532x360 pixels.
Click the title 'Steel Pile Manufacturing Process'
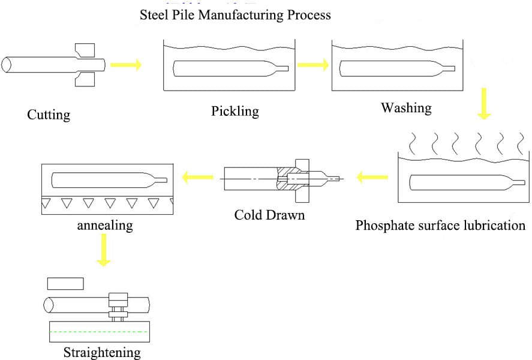tap(235, 14)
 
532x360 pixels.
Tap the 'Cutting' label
tap(49, 115)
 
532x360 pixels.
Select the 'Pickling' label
tap(235, 111)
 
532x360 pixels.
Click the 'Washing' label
tap(406, 108)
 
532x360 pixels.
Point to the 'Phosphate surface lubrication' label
tap(440, 226)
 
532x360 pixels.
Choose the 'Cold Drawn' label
tap(269, 214)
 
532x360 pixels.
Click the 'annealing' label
tap(105, 226)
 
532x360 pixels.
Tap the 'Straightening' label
tap(102, 352)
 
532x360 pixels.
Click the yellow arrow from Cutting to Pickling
tap(127, 64)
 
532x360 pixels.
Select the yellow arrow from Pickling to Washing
tap(312, 64)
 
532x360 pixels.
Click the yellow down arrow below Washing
tap(483, 104)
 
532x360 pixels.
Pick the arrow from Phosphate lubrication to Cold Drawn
tap(372, 177)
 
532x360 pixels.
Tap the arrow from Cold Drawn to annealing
tap(197, 177)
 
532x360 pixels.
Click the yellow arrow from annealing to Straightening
tap(104, 250)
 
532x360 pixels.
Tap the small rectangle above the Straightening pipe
tap(65, 283)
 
